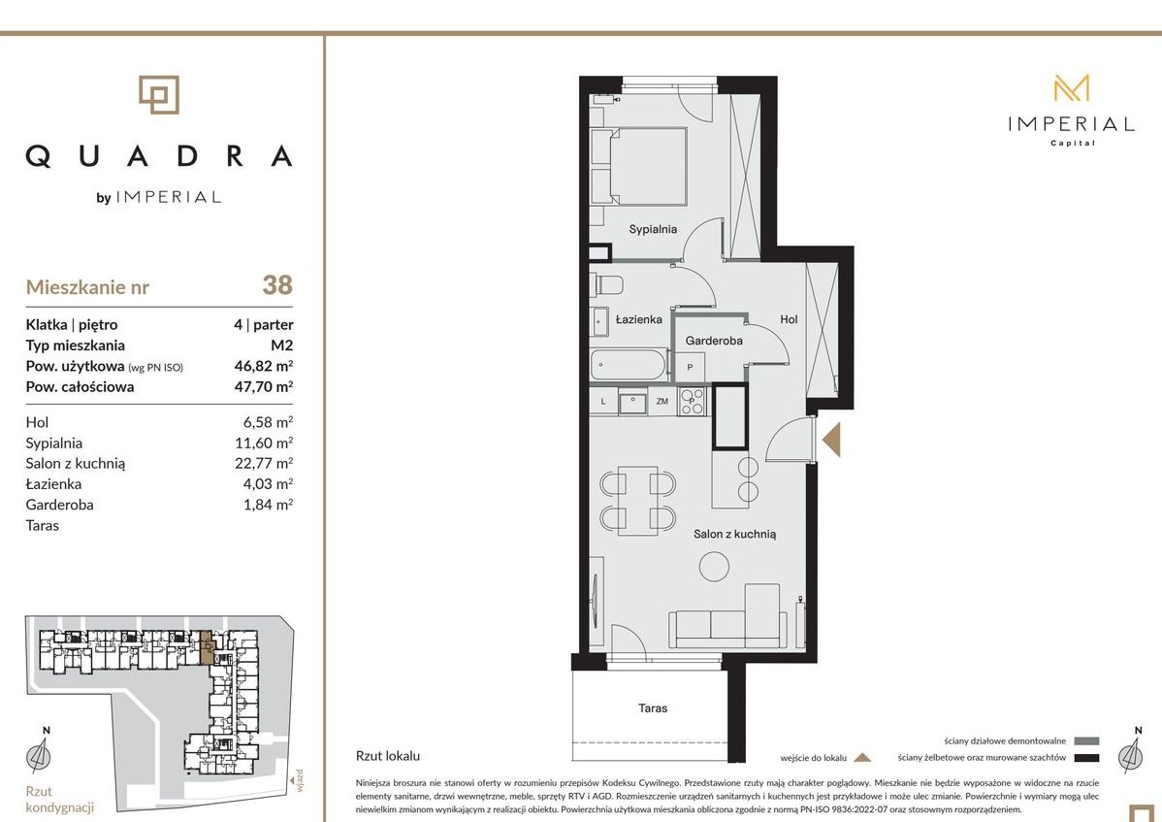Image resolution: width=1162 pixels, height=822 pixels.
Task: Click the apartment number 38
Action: coord(277,285)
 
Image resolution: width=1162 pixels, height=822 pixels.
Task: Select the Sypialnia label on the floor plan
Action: coord(653,229)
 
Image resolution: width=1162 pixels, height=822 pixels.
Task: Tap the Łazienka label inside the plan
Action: coord(639,319)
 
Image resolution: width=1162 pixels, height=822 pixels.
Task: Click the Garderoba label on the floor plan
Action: coord(714,341)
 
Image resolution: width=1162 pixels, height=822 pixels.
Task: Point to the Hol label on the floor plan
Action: coord(789,319)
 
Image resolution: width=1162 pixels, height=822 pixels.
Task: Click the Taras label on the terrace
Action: coord(653,708)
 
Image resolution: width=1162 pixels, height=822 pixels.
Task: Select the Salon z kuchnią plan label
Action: coord(734,534)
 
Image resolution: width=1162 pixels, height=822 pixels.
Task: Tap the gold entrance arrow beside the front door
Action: coord(831,441)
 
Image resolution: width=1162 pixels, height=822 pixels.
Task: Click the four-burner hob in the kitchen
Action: coord(693,401)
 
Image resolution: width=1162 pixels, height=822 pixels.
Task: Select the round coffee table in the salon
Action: coord(714,567)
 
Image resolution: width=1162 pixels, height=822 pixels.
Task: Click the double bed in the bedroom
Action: coord(639,166)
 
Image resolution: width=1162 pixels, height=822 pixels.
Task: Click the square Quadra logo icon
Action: coord(159,95)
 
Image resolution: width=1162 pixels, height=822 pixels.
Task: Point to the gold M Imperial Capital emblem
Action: coord(1072,88)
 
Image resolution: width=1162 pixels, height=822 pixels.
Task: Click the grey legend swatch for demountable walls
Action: coord(1086,741)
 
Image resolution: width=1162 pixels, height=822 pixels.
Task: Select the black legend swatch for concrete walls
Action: coord(1086,758)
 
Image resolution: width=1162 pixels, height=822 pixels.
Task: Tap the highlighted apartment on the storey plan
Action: coord(208,647)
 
